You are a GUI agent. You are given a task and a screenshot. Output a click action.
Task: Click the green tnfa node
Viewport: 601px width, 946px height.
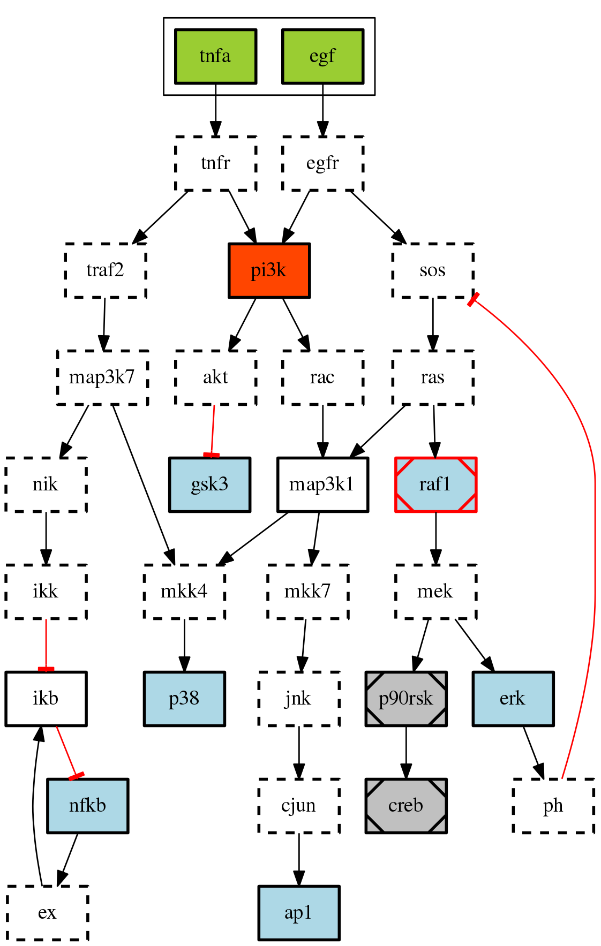pos(215,56)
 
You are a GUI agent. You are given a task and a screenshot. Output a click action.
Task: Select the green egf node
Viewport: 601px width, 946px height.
pos(322,56)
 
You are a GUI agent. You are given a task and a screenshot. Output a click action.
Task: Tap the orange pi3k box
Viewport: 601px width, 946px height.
pos(269,270)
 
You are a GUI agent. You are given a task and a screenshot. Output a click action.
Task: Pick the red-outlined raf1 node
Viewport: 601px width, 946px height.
pos(435,485)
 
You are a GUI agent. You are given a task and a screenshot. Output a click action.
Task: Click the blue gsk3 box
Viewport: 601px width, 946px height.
pos(209,485)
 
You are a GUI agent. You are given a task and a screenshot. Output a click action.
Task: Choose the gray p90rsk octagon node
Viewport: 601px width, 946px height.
pos(406,699)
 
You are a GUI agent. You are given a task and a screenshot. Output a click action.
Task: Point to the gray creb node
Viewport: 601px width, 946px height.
pos(406,806)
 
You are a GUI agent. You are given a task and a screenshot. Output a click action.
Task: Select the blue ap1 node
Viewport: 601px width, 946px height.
pos(299,913)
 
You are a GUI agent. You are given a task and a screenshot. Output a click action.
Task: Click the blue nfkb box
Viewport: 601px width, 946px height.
pos(87,806)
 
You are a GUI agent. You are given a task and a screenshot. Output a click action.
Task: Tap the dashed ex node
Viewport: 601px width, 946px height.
pos(47,913)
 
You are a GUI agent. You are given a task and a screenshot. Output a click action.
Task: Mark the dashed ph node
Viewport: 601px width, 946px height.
pos(553,806)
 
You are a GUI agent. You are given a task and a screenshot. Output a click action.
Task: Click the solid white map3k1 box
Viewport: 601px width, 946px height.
pos(322,485)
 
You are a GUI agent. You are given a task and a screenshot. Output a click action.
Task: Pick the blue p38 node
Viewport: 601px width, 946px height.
pos(184,699)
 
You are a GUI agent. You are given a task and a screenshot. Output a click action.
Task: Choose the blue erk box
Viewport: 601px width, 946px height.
pos(513,699)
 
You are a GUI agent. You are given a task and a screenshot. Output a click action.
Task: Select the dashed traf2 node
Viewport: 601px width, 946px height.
pos(106,270)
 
